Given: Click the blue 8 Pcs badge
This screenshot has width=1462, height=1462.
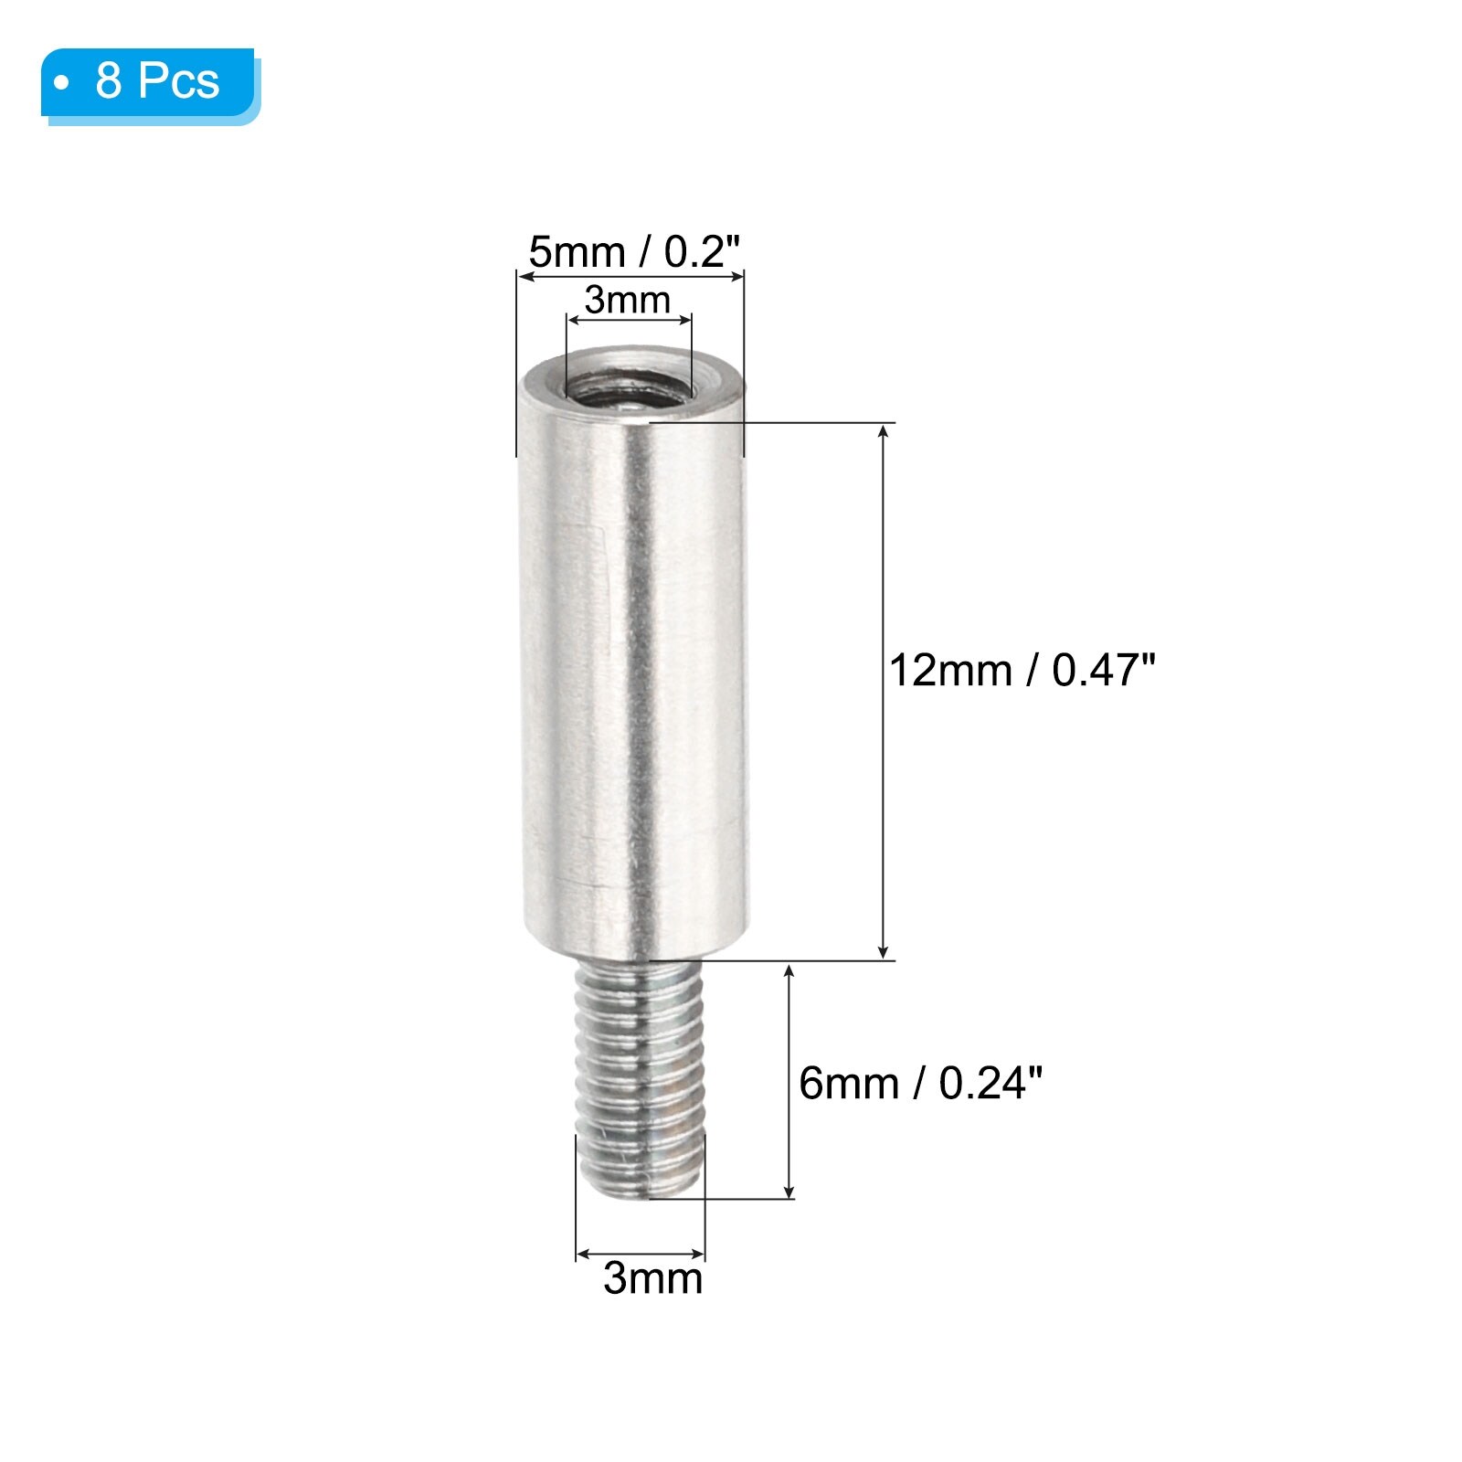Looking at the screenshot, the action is (x=151, y=84).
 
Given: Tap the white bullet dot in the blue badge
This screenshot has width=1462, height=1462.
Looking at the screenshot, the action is (x=62, y=83).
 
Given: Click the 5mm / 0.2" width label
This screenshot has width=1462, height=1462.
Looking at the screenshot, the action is (x=634, y=251).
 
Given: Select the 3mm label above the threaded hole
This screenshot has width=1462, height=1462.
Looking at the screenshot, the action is (x=628, y=300).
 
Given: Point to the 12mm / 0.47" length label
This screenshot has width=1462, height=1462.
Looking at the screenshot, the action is (x=1022, y=670).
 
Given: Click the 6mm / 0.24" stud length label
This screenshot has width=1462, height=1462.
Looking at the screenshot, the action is (x=920, y=1083).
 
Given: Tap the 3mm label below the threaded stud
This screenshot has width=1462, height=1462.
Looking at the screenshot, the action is (x=652, y=1277).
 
